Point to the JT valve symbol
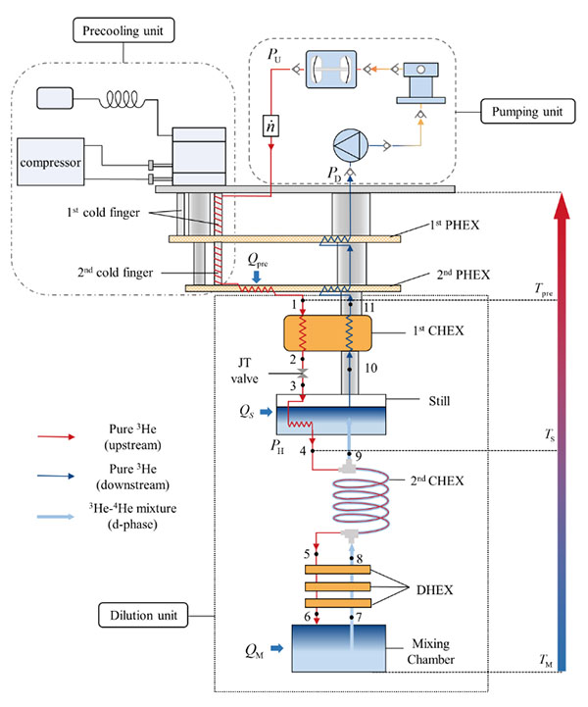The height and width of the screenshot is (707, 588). click(x=304, y=377)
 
